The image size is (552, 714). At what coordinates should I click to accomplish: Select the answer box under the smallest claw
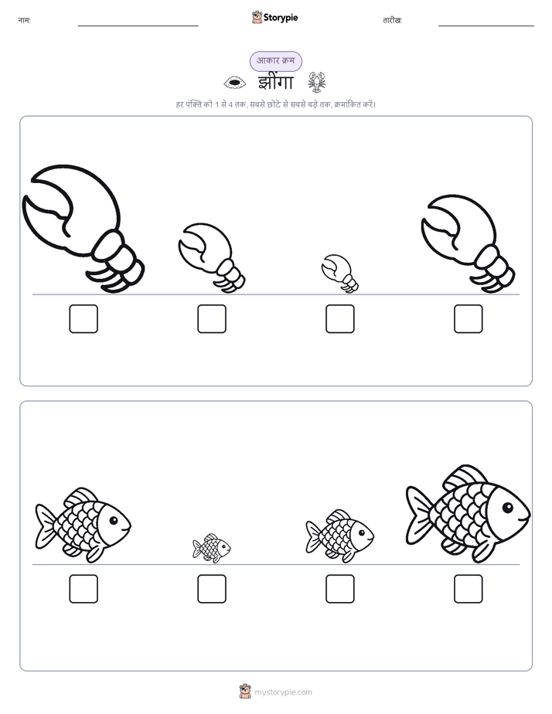point(339,318)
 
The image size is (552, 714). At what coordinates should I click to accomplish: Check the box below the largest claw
point(83,318)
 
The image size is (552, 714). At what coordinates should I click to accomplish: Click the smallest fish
point(212,548)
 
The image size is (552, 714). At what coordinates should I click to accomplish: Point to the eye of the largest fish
point(508,507)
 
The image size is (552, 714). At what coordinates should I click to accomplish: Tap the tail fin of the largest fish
point(418,515)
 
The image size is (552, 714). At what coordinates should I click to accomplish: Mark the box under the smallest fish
point(212,589)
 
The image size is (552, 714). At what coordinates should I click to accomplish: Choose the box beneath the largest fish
point(469,589)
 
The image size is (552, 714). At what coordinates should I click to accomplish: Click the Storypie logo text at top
point(281,18)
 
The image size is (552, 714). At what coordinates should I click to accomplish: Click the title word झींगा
point(275,83)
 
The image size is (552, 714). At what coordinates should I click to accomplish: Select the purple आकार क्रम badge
point(275,61)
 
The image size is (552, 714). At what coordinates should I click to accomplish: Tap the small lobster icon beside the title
point(316,82)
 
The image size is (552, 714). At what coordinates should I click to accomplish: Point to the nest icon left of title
point(234,83)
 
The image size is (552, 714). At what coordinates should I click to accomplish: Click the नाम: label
point(24,21)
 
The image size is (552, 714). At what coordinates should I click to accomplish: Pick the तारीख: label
point(393,21)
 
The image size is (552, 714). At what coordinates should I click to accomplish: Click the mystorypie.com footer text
point(283,692)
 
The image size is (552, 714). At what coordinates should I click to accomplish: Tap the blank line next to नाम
point(138,26)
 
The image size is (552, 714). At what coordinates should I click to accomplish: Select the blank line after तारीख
point(486,26)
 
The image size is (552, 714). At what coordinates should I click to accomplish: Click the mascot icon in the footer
point(245,692)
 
